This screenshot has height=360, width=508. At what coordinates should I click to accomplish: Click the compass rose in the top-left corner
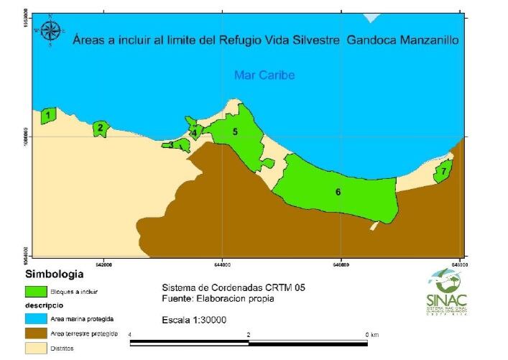pyautogui.click(x=50, y=31)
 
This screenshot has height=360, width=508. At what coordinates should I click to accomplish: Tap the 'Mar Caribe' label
pyautogui.click(x=264, y=75)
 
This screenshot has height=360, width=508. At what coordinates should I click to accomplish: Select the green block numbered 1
pyautogui.click(x=48, y=115)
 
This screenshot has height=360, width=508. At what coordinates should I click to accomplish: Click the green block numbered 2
pyautogui.click(x=101, y=129)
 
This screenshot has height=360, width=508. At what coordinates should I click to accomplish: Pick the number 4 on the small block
pyautogui.click(x=194, y=132)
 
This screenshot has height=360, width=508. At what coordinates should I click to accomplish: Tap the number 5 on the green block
pyautogui.click(x=234, y=131)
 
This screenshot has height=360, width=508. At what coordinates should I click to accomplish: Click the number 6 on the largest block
pyautogui.click(x=338, y=192)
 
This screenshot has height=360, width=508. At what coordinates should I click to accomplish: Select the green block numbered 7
pyautogui.click(x=443, y=172)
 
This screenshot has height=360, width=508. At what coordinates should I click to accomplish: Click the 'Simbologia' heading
pyautogui.click(x=55, y=274)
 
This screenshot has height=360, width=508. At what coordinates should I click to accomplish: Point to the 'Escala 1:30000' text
pyautogui.click(x=194, y=320)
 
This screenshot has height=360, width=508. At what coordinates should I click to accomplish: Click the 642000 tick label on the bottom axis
pyautogui.click(x=105, y=264)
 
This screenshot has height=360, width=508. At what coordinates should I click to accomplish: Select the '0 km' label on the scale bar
pyautogui.click(x=371, y=335)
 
